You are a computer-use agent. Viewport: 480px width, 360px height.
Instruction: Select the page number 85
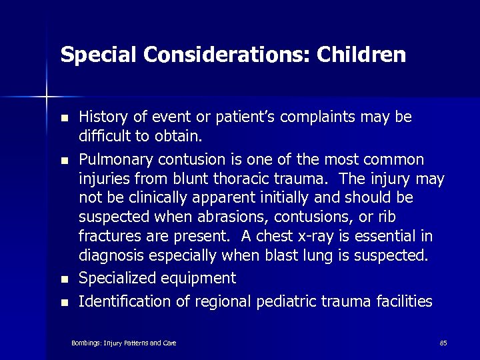point(443,343)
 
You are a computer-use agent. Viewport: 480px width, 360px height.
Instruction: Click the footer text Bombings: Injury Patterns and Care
point(124,343)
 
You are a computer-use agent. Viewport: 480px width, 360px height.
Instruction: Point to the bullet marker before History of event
point(64,119)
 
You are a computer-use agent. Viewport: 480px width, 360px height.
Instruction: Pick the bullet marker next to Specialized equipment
point(64,279)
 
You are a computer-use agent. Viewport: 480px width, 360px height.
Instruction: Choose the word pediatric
point(295,302)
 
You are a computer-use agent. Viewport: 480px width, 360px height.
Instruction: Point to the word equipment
point(202,278)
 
